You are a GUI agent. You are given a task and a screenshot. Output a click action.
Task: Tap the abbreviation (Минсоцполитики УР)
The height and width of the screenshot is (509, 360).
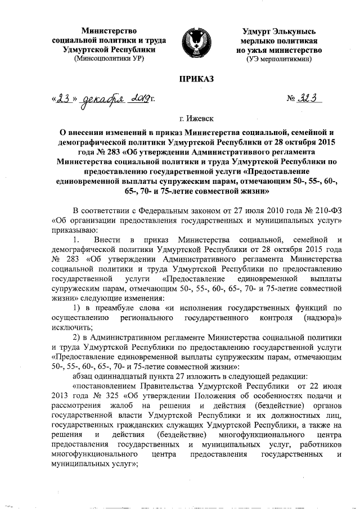pyautogui.click(x=110, y=58)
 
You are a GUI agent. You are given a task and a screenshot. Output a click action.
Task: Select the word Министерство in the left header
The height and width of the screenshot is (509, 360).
pyautogui.click(x=110, y=29)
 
